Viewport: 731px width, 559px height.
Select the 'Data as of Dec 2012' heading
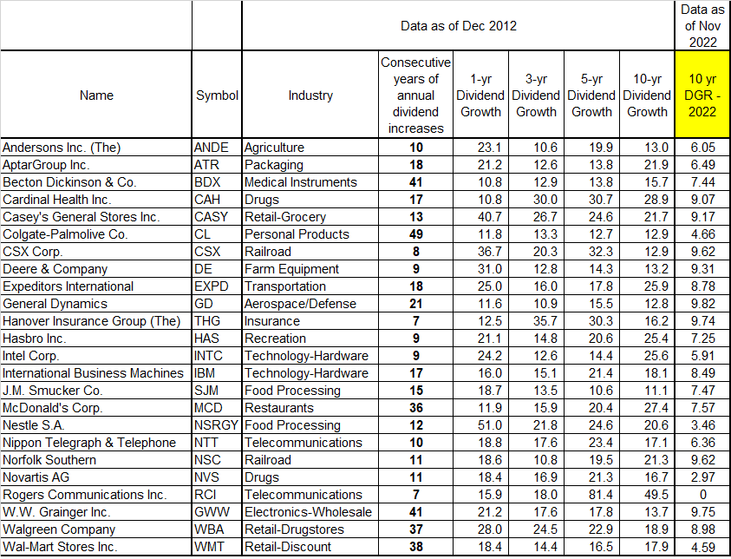pyautogui.click(x=459, y=25)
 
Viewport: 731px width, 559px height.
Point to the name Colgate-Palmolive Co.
pyautogui.click(x=66, y=234)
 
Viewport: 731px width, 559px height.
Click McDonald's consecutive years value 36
pyautogui.click(x=415, y=408)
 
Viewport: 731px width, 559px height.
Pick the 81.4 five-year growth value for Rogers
pyautogui.click(x=591, y=495)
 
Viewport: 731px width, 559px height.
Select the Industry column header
pyautogui.click(x=310, y=95)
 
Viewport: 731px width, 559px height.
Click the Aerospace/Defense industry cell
pyautogui.click(x=300, y=304)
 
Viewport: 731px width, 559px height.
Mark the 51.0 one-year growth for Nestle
pyautogui.click(x=480, y=425)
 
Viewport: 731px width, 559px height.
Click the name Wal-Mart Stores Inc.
pyautogui.click(x=60, y=547)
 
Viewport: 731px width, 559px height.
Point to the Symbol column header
pyautogui.click(x=217, y=95)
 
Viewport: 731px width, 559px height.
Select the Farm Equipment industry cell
pyautogui.click(x=290, y=269)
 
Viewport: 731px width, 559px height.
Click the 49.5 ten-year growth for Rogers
pyautogui.click(x=647, y=495)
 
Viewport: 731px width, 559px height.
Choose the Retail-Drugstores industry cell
pyautogui.click(x=294, y=529)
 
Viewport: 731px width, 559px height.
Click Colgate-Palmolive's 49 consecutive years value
pyautogui.click(x=415, y=234)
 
